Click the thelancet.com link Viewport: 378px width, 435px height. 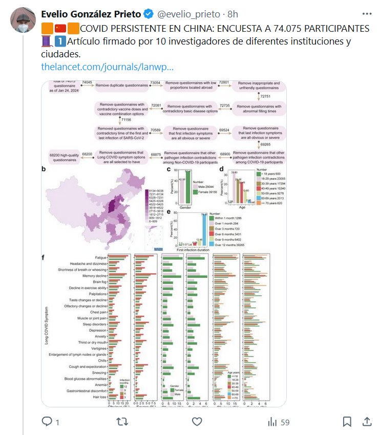pos(107,67)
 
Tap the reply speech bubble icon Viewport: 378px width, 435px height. pos(47,422)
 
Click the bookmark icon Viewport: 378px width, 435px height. pos(347,422)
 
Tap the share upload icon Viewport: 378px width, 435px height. pos(367,422)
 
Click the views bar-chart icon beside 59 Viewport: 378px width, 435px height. pos(272,422)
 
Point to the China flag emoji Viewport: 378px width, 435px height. pos(60,28)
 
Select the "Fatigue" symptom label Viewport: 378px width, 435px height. pos(100,257)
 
